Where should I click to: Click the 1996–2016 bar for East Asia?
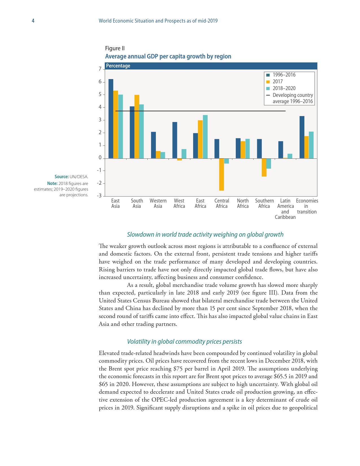[x=111, y=119]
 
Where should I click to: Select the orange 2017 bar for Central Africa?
[x=222, y=174]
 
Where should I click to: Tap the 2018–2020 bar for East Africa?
[x=205, y=137]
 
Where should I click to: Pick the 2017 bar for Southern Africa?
[x=264, y=167]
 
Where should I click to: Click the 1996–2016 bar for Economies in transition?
[x=302, y=137]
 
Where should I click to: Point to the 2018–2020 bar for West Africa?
[x=184, y=154]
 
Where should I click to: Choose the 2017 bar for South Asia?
[x=137, y=127]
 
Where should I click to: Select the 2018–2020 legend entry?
[x=284, y=88]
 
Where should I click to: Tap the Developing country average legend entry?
[x=293, y=98]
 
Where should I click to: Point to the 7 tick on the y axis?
[x=100, y=69]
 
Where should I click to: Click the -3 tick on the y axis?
[x=99, y=196]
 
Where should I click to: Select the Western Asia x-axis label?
[x=158, y=203]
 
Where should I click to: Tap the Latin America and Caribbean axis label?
[x=285, y=209]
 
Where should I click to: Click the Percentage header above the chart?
[x=118, y=66]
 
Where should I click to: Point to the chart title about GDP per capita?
[x=168, y=56]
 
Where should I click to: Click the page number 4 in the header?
[x=33, y=21]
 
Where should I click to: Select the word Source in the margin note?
[x=62, y=177]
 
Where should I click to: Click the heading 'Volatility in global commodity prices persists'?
[x=184, y=341]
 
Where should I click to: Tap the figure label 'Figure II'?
[x=115, y=48]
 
